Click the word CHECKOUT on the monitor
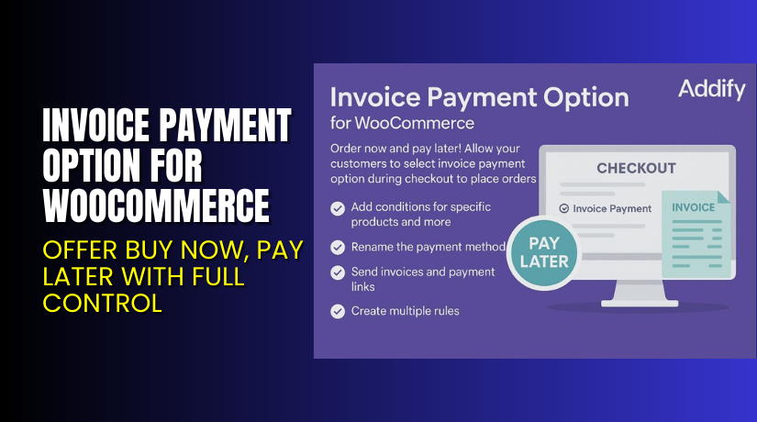(x=636, y=169)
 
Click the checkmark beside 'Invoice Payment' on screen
(x=564, y=208)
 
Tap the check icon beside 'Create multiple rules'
(x=338, y=311)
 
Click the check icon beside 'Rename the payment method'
(x=338, y=247)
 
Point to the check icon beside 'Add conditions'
(x=338, y=208)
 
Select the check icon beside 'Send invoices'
(x=338, y=272)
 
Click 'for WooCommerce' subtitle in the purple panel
(x=402, y=122)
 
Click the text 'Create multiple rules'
(x=406, y=311)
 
